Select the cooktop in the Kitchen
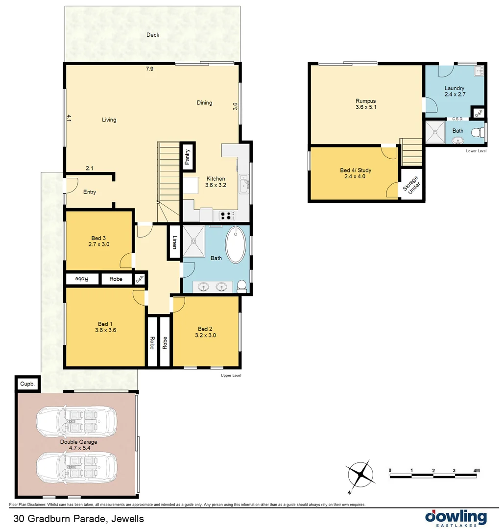(227, 215)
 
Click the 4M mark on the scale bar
(476, 471)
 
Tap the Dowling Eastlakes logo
(455, 517)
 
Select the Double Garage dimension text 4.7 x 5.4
(78, 448)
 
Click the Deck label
(153, 35)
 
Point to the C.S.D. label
(458, 119)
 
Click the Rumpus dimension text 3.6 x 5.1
(366, 107)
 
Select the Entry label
(90, 192)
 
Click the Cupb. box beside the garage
(27, 384)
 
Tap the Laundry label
(454, 88)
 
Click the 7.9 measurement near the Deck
(149, 69)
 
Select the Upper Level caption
(231, 375)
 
